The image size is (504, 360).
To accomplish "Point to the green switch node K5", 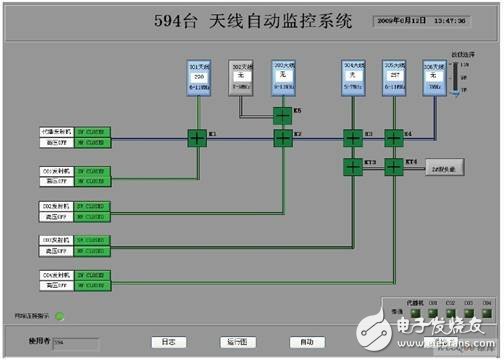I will [x=282, y=116].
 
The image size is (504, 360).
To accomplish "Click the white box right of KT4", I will [x=443, y=171].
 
